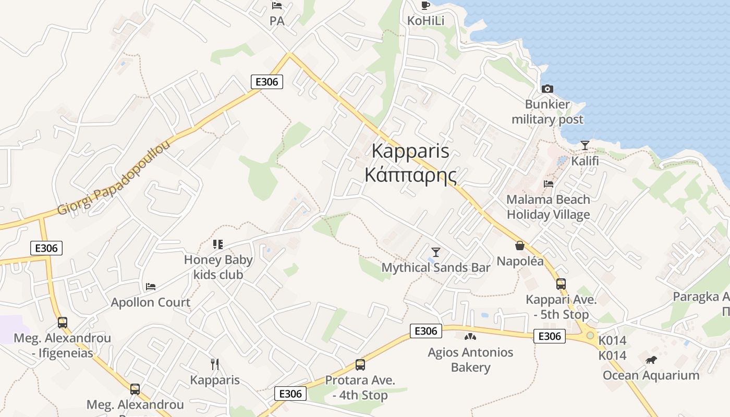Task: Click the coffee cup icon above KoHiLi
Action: click(425, 5)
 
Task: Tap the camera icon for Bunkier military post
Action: click(547, 89)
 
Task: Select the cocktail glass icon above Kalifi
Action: click(585, 145)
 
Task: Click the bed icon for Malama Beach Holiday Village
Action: click(548, 183)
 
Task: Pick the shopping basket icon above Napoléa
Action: click(520, 246)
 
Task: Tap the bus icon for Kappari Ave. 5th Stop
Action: click(561, 284)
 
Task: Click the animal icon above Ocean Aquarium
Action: click(651, 360)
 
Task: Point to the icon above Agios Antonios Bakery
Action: click(470, 337)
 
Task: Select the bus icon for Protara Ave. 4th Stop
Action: click(360, 365)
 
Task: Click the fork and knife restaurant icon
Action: click(214, 364)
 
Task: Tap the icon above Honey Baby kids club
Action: click(218, 244)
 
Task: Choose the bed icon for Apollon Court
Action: click(151, 286)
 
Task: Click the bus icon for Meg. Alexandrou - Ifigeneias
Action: click(63, 323)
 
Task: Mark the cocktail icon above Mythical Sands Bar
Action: click(436, 252)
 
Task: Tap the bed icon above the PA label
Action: click(277, 6)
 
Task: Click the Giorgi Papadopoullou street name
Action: click(114, 178)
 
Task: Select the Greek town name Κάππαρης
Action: click(410, 175)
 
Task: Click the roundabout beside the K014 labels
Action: click(590, 335)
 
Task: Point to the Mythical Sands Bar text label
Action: click(436, 267)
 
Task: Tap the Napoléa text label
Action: click(520, 261)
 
